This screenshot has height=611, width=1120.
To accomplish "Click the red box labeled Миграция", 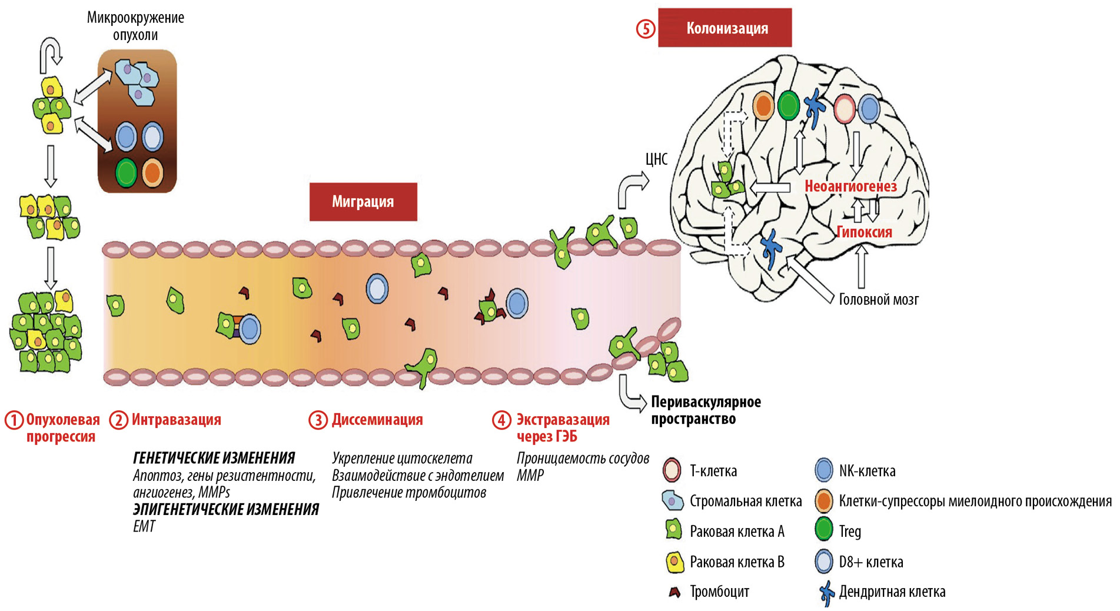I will pyautogui.click(x=363, y=202).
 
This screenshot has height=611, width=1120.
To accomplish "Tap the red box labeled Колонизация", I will pyautogui.click(x=724, y=28).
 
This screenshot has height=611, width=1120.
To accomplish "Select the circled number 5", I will pyautogui.click(x=646, y=29).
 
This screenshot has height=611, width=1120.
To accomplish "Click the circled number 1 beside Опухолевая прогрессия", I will pyautogui.click(x=14, y=420).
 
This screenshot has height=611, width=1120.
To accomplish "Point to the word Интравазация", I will pyautogui.click(x=176, y=420).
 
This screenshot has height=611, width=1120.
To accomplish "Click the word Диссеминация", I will pyautogui.click(x=377, y=420).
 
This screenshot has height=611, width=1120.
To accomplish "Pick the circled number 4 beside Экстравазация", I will pyautogui.click(x=501, y=420).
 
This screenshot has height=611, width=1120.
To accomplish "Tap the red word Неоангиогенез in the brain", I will pyautogui.click(x=850, y=187).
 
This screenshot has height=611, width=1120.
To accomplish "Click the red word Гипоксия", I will pyautogui.click(x=864, y=232).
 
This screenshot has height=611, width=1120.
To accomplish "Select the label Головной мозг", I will pyautogui.click(x=878, y=300).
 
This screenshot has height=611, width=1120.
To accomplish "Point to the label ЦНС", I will pyautogui.click(x=656, y=160).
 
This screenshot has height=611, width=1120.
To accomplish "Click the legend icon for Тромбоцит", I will pyautogui.click(x=674, y=592).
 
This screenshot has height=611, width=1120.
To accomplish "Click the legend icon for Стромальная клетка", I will pyautogui.click(x=672, y=501).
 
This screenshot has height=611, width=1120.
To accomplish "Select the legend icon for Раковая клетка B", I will pyautogui.click(x=674, y=562).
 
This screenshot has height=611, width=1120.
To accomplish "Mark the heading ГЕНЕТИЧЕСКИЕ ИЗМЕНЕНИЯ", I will pyautogui.click(x=214, y=458).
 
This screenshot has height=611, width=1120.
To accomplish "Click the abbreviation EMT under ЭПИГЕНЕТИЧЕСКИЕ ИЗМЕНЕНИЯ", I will pyautogui.click(x=144, y=526).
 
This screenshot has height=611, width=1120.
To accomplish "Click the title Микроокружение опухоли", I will pyautogui.click(x=135, y=26).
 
